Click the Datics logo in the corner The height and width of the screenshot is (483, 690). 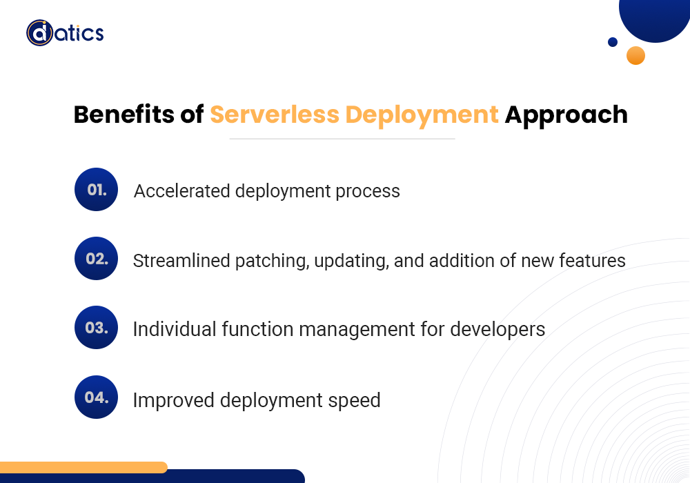pyautogui.click(x=65, y=32)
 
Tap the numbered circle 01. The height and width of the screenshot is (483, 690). pyautogui.click(x=97, y=189)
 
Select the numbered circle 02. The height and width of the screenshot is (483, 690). pyautogui.click(x=97, y=259)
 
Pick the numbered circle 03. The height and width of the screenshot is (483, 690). pyautogui.click(x=97, y=328)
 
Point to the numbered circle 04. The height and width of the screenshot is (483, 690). pyautogui.click(x=97, y=397)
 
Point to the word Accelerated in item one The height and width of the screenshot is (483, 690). pyautogui.click(x=181, y=191)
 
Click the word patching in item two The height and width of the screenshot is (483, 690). pyautogui.click(x=270, y=262)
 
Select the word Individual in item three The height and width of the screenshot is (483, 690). pyautogui.click(x=175, y=330)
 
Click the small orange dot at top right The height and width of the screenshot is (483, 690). pyautogui.click(x=635, y=56)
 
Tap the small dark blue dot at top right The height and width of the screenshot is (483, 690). pyautogui.click(x=612, y=42)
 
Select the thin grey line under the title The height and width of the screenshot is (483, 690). pyautogui.click(x=342, y=139)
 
